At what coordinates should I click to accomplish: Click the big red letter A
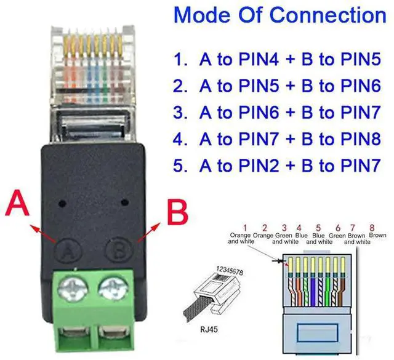point(19,204)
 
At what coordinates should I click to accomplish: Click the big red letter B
point(178,215)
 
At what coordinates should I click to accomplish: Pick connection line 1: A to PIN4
point(277,59)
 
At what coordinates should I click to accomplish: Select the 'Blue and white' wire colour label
point(318,239)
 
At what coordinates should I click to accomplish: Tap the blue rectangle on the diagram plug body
point(317,333)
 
